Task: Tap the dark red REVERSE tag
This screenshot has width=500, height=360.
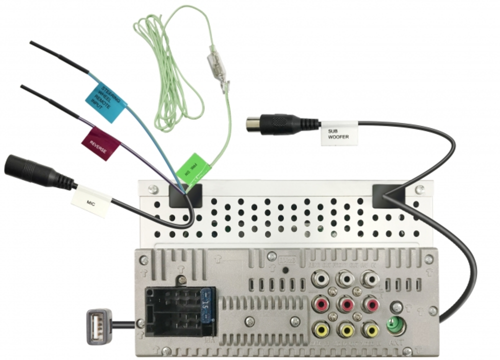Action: coord(101,143)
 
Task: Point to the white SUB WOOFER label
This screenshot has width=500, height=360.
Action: coord(339,132)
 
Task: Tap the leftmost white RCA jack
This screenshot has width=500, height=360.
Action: coord(320,278)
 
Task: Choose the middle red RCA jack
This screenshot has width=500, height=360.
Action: coord(345,303)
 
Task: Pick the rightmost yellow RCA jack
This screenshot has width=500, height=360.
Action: coord(371,329)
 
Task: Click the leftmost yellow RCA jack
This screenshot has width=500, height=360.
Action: coord(320,329)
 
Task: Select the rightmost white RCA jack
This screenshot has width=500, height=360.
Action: coord(371,278)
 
